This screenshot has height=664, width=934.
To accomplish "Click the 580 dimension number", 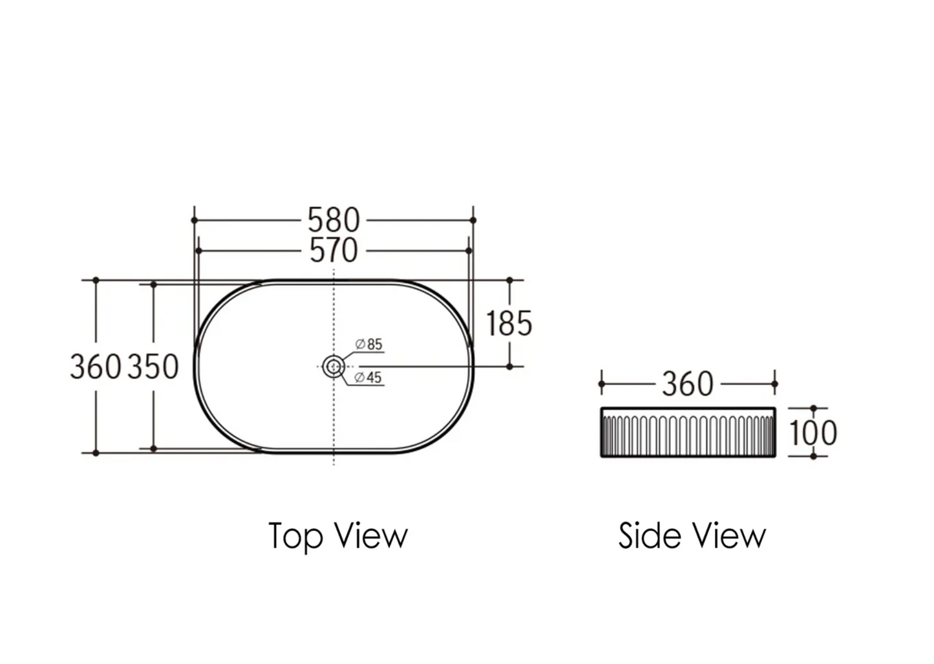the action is point(334,220).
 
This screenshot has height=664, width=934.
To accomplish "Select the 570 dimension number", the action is point(334,251).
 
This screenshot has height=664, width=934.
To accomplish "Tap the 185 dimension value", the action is point(509,323).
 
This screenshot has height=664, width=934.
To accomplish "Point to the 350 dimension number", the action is point(153,367).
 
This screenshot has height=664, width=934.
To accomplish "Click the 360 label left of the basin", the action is point(96,367).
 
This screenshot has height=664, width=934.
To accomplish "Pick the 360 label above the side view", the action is point(688,384).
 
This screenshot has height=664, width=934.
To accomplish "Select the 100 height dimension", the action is point(813,433).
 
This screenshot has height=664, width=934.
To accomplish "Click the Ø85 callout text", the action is point(368,345).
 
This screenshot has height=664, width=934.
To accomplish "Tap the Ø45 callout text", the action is point(368,378).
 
